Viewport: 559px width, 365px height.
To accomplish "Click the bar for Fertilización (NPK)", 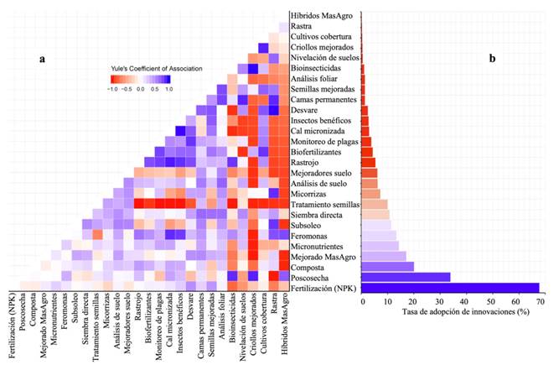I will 450,287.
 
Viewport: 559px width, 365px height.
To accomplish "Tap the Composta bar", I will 388,266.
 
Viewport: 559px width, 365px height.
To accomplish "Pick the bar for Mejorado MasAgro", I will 384,256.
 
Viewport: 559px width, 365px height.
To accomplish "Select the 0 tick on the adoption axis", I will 363,300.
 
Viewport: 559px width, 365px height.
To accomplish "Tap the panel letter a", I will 41,60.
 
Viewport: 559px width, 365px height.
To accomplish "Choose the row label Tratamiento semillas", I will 324,204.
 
